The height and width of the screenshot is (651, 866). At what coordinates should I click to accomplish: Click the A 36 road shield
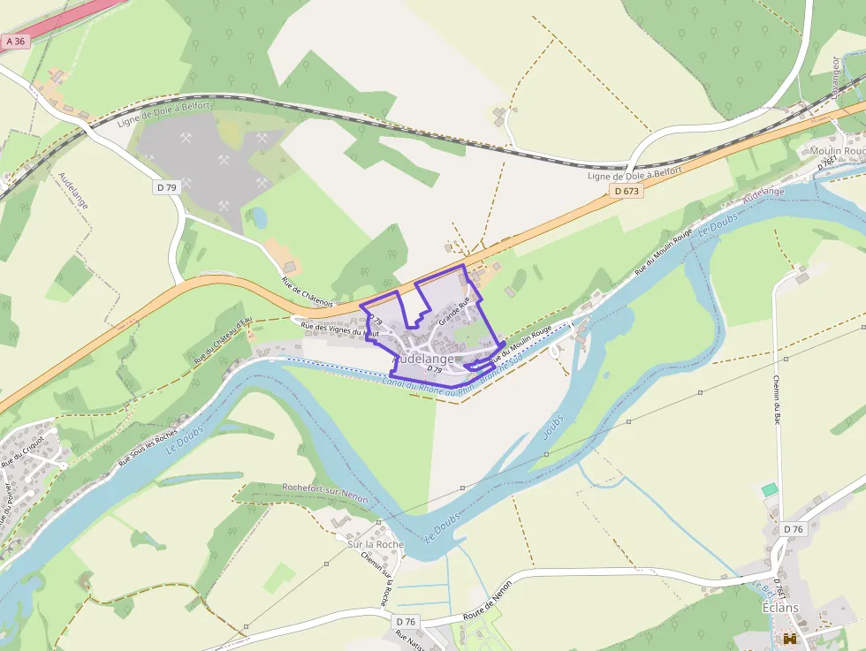click(15, 41)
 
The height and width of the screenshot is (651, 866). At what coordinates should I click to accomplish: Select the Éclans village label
click(780, 609)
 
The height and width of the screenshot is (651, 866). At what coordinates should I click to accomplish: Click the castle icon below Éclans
click(789, 639)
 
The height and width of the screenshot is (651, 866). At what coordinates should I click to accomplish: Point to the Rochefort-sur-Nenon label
click(324, 488)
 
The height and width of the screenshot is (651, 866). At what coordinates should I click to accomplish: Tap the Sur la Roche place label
click(376, 544)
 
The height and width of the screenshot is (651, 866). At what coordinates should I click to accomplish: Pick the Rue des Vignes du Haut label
click(340, 329)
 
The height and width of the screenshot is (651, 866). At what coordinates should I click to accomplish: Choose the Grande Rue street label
click(454, 309)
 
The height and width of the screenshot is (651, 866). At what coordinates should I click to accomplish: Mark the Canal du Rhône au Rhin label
click(424, 385)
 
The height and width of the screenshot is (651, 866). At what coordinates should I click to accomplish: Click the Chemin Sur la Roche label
click(385, 578)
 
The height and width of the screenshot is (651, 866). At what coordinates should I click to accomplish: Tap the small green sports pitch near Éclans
click(770, 489)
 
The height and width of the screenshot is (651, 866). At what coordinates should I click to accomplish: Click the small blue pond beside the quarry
click(260, 217)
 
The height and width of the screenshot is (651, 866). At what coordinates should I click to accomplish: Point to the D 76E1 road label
click(828, 164)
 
